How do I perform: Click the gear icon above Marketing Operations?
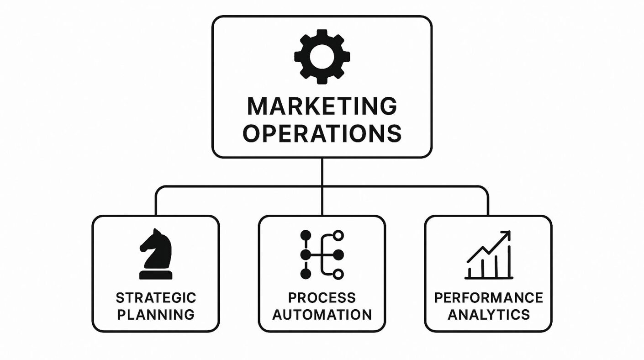click(322, 57)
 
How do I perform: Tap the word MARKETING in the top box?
click(322, 106)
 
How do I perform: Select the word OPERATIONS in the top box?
click(322, 133)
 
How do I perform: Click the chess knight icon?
click(156, 254)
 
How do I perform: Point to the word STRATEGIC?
click(156, 297)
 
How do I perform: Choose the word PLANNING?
click(156, 315)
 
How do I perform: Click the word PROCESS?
click(322, 297)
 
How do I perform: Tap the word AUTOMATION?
click(322, 315)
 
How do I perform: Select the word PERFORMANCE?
click(488, 297)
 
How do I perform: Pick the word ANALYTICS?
click(488, 315)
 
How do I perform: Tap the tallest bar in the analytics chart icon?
click(509, 262)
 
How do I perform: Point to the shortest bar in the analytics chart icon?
click(470, 273)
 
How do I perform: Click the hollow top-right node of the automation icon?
click(338, 236)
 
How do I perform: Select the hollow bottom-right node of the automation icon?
click(338, 274)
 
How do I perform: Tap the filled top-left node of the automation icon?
click(306, 235)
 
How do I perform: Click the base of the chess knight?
click(156, 275)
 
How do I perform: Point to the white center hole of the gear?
click(322, 57)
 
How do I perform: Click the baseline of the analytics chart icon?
click(489, 278)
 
